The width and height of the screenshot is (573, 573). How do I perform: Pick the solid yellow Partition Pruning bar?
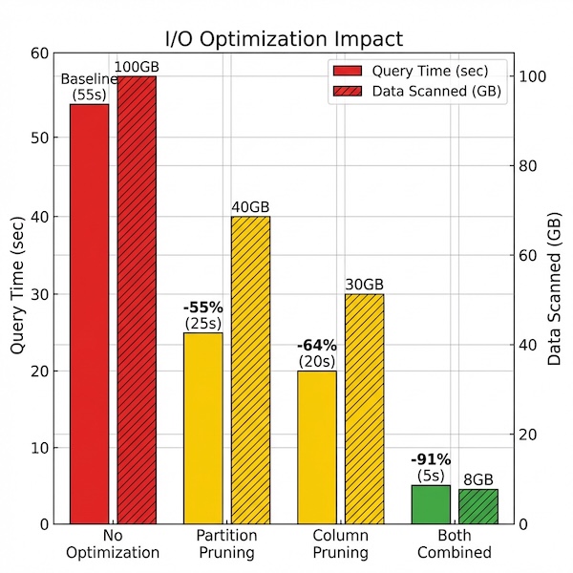click(202, 428)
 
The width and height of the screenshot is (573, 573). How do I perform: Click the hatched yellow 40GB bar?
click(250, 370)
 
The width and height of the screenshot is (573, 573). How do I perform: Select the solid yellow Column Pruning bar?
click(317, 447)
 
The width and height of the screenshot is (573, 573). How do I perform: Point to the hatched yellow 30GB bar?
click(365, 409)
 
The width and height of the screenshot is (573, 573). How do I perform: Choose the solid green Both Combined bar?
click(431, 504)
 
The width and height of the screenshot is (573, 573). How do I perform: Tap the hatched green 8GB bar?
click(478, 506)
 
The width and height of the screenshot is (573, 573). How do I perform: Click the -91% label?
click(431, 458)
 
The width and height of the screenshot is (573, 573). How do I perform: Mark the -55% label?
click(202, 308)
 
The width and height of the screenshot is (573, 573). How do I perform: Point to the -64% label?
click(317, 345)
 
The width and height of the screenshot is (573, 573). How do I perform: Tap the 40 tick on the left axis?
click(42, 216)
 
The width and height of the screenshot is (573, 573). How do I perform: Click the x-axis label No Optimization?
click(113, 544)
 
